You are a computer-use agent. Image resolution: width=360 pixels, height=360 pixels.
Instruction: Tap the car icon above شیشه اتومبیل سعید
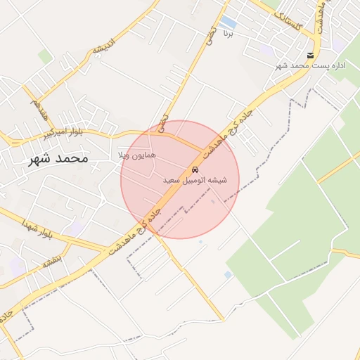195,170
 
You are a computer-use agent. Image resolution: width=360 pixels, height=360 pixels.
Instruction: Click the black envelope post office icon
310,55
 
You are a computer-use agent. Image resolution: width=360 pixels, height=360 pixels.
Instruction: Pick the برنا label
226,33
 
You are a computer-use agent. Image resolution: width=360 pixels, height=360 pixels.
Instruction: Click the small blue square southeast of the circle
228,274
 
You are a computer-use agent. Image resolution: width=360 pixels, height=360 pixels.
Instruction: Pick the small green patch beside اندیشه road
45,56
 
